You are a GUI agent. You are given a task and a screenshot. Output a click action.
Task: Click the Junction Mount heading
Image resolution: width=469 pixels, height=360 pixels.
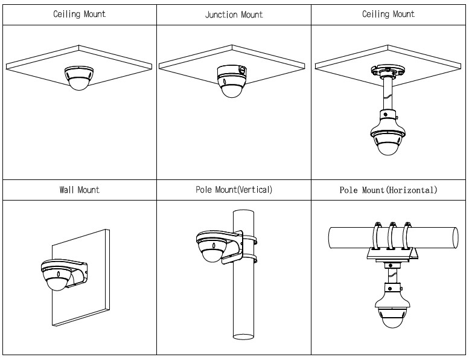point(234,14)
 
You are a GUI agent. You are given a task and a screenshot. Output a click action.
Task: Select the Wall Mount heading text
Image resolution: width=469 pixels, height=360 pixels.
point(79,190)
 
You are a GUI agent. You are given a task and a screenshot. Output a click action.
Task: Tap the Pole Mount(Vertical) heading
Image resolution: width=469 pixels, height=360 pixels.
point(234,190)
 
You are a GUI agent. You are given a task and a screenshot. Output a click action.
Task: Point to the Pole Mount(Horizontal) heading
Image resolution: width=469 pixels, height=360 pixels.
point(388,190)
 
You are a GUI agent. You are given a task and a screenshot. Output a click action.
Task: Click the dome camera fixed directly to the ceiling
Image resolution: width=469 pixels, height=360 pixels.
point(79,78)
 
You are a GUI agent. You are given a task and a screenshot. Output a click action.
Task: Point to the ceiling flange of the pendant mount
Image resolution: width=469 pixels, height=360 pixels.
point(388,71)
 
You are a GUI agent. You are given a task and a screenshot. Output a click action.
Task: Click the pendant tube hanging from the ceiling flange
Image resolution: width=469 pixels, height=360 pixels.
point(388,94)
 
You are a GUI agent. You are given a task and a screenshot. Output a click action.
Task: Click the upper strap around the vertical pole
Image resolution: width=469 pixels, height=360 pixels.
point(249,239)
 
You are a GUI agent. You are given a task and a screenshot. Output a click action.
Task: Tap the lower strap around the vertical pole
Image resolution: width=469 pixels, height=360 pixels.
point(249,257)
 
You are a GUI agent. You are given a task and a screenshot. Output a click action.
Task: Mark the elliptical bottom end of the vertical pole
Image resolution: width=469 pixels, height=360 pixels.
point(243,336)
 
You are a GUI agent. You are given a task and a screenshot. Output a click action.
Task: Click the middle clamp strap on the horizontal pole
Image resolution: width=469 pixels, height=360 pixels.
point(391,236)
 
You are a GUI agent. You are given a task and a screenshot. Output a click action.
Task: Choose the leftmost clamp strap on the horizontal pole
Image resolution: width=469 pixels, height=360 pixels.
point(375,236)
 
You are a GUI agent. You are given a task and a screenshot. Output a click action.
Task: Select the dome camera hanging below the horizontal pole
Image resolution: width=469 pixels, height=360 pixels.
point(391,311)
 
